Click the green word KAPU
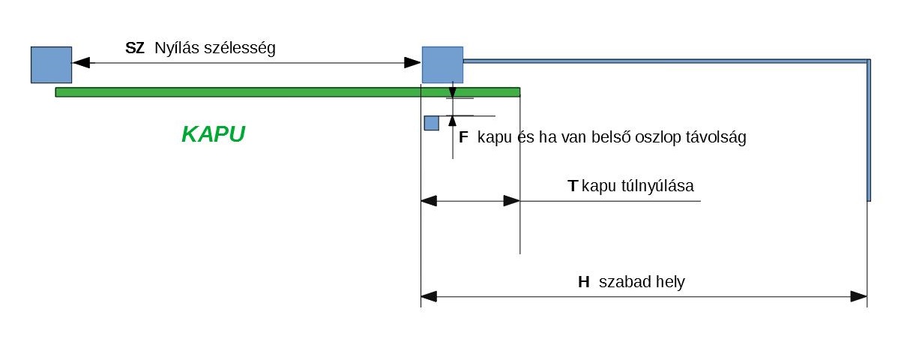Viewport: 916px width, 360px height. pyautogui.click(x=214, y=135)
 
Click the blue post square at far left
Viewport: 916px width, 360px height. pyautogui.click(x=51, y=64)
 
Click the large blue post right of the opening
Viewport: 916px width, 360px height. pyautogui.click(x=442, y=64)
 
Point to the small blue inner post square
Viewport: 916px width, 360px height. pyautogui.click(x=431, y=123)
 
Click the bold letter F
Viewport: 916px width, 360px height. pyautogui.click(x=463, y=138)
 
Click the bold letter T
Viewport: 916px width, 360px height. pyautogui.click(x=573, y=186)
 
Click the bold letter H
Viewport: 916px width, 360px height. pyautogui.click(x=584, y=283)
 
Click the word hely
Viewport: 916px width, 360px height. pyautogui.click(x=670, y=283)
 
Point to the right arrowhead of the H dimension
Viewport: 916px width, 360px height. pyautogui.click(x=858, y=297)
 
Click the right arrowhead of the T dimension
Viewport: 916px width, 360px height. pyautogui.click(x=511, y=201)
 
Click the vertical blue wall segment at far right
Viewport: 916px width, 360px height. pyautogui.click(x=869, y=131)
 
